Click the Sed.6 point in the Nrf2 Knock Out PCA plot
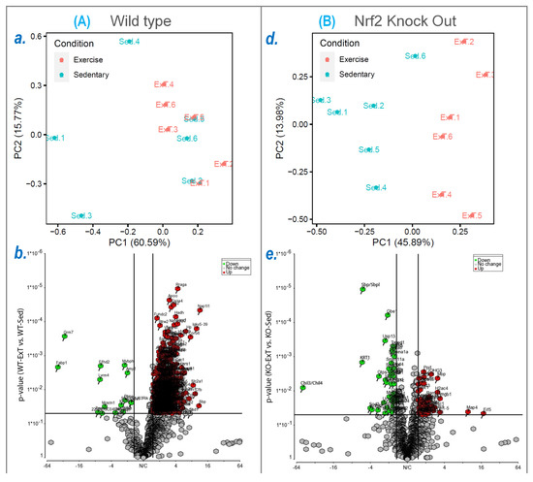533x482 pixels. pos(412,56)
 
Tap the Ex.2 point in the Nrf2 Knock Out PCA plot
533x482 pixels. pos(460,42)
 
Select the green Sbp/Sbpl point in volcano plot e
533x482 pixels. pos(362,289)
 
